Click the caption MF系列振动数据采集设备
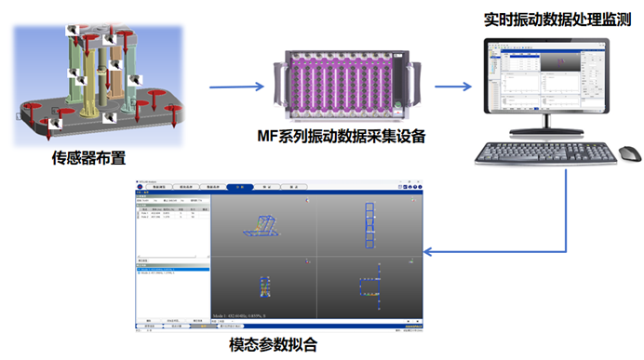point(341,137)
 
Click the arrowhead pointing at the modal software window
point(430,251)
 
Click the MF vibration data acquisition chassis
point(341,82)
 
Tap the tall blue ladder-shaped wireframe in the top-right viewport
point(371,223)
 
